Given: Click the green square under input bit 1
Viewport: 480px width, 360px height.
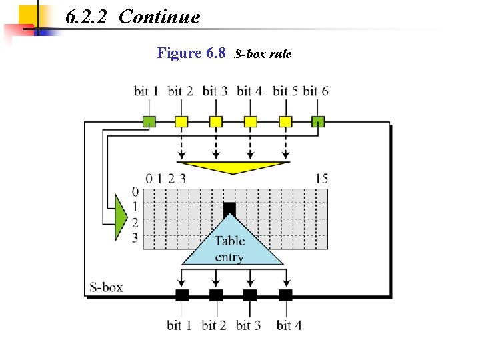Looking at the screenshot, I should (x=149, y=121).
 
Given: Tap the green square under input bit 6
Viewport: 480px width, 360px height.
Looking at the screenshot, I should (x=318, y=121).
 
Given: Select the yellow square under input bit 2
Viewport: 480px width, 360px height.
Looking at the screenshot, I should (x=181, y=121).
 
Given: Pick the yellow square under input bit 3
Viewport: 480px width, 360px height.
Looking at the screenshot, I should (x=215, y=121).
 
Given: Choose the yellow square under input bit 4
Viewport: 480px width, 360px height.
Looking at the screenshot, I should (x=250, y=121).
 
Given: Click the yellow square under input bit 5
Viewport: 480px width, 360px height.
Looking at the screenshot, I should (x=285, y=121).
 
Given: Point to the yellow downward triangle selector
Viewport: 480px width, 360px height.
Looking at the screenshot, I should (x=233, y=167).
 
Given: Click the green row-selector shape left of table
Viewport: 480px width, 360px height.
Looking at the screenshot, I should (x=120, y=217).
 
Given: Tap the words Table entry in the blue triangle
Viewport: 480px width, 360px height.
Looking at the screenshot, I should (x=229, y=249).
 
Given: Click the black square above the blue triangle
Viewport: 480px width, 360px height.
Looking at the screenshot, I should (x=229, y=209).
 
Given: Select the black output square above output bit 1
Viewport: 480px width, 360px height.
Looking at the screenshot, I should (x=181, y=295).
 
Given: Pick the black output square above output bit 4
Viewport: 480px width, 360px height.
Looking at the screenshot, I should (x=285, y=295).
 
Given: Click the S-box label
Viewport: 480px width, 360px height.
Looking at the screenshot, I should (x=106, y=288).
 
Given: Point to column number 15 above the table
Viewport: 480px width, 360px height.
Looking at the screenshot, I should (x=321, y=179).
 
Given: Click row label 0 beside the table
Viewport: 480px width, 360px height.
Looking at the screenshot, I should (x=135, y=193).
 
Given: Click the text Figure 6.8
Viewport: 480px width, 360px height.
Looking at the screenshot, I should (x=191, y=53).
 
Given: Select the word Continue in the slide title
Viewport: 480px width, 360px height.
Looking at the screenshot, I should (x=159, y=17).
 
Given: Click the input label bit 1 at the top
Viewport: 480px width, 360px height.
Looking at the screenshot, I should (x=146, y=91).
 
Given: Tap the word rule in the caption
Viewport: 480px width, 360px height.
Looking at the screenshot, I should (x=279, y=54).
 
